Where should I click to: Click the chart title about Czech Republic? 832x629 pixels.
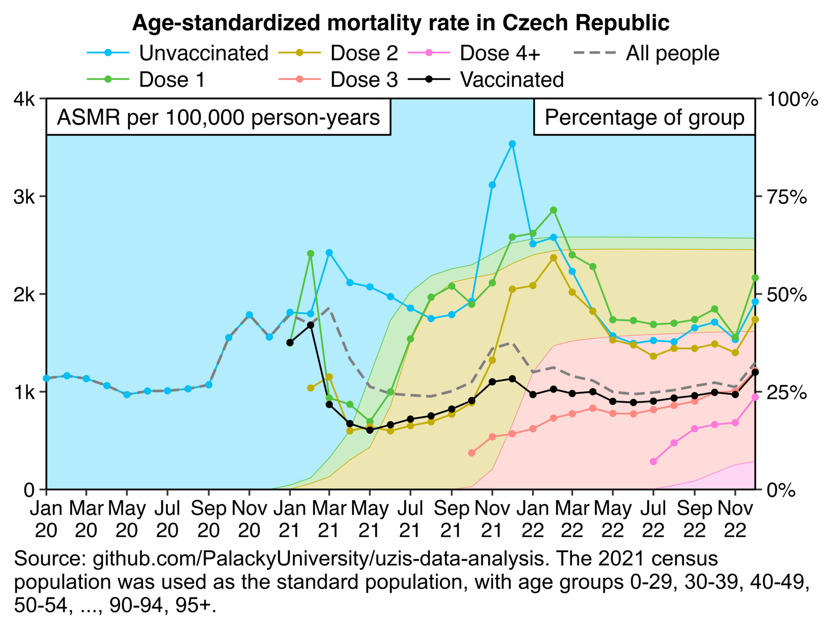401,23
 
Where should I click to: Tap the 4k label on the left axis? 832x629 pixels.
24,99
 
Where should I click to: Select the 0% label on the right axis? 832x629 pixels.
782,490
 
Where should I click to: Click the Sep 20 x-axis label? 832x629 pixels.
208,519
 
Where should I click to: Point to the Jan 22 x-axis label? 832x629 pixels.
533,519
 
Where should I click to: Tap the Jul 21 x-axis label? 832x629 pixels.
410,519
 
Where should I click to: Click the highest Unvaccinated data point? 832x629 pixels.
512,144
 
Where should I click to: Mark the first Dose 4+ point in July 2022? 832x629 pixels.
654,461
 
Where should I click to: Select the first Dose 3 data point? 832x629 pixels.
472,452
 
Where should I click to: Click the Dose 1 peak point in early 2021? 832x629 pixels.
310,253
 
